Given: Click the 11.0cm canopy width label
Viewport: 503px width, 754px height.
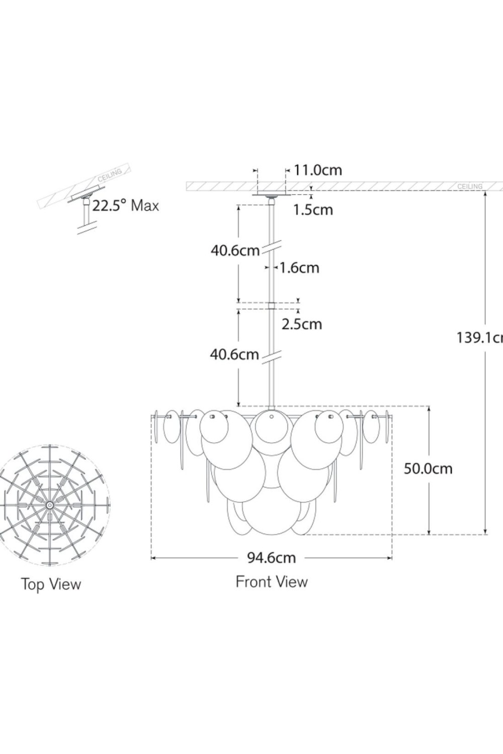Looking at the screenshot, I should pos(317,170).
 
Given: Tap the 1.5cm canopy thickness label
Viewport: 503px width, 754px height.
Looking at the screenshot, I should pos(313,209).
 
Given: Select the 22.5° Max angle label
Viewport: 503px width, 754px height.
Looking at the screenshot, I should pos(125,206).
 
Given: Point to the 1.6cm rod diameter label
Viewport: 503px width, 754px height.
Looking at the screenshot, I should pos(299,267).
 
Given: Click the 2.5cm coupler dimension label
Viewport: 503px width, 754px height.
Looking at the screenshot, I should pos(301,324).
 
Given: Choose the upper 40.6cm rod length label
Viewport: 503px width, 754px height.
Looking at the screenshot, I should pos(234,250).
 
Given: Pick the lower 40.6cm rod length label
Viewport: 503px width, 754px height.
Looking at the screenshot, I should pos(234,354).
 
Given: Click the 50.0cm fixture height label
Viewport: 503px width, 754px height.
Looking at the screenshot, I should pos(428,468).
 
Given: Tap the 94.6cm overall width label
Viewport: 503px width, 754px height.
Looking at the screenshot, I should pos(271,557).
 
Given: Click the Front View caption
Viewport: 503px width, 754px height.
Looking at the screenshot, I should pos(272,582).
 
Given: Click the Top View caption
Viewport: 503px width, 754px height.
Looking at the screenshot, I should pos(51,584).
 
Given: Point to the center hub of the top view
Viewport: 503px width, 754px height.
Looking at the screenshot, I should pos(50,504).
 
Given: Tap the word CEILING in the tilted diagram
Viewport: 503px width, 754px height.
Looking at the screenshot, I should pos(110,175).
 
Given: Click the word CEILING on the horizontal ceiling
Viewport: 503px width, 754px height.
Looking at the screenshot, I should pos(469,186).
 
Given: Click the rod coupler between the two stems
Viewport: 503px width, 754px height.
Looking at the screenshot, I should pos(272,305).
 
